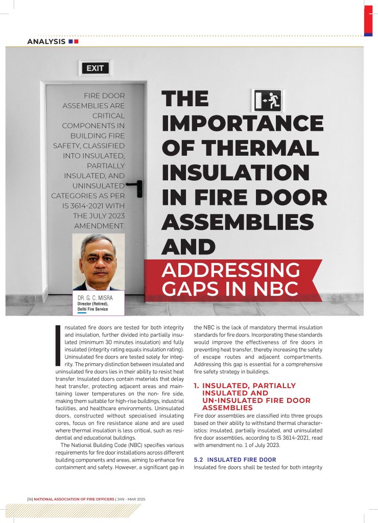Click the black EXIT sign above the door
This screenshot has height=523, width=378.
pyautogui.click(x=95, y=68)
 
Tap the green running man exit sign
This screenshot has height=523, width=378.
pyautogui.click(x=266, y=101)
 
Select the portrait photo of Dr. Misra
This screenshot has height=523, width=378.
pyautogui.click(x=98, y=262)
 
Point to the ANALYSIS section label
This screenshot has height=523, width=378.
pyautogui.click(x=46, y=41)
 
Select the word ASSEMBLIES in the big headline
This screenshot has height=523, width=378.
pyautogui.click(x=238, y=222)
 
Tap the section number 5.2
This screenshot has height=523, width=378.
pyautogui.click(x=199, y=460)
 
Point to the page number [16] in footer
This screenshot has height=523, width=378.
pyautogui.click(x=30, y=499)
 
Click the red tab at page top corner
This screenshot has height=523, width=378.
pyautogui.click(x=368, y=20)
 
